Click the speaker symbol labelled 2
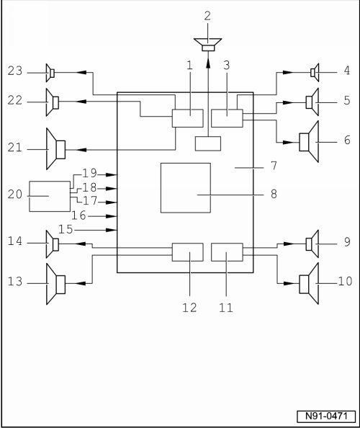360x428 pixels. tap(208, 44)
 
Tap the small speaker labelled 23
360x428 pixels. tap(50, 73)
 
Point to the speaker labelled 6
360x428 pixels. tap(309, 142)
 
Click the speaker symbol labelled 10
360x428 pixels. tap(309, 284)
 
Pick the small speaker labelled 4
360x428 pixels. tap(315, 73)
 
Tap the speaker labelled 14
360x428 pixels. tap(53, 244)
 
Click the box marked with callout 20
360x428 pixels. tap(50, 196)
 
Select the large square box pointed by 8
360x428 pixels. tap(186, 188)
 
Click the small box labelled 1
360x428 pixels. tap(188, 118)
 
